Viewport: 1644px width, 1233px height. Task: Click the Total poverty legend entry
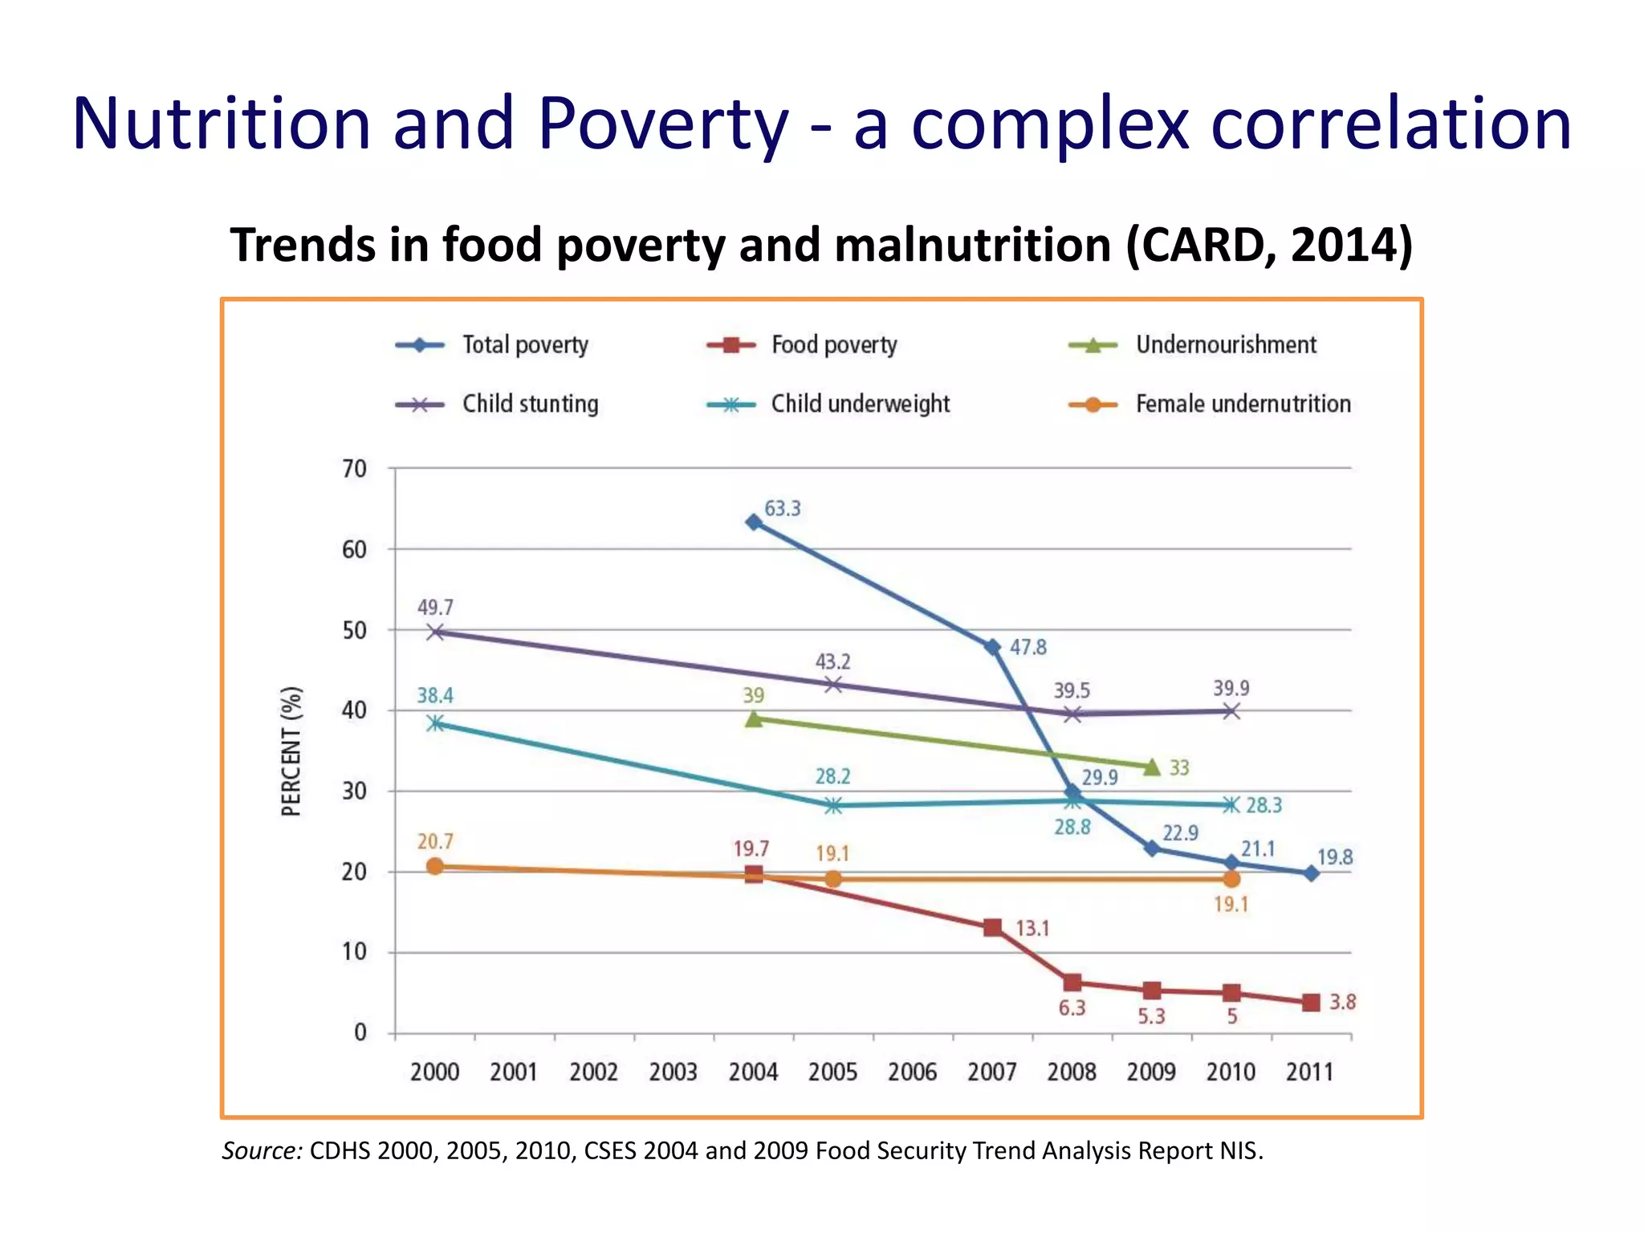click(491, 345)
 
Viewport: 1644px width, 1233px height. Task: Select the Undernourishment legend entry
click(1193, 345)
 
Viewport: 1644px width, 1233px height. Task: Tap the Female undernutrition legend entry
click(1210, 404)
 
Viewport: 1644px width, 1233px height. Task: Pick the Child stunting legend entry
click(497, 404)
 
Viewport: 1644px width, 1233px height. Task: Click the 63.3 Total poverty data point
click(754, 523)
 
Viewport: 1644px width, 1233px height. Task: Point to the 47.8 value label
click(1027, 647)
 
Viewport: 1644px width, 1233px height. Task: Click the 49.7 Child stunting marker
click(435, 632)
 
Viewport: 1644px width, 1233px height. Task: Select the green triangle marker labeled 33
click(1152, 767)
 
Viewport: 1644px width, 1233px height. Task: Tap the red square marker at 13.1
click(992, 928)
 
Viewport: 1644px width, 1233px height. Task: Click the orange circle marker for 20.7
click(435, 866)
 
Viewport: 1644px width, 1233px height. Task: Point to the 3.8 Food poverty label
click(1342, 1002)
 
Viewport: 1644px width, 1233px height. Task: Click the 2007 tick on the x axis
click(992, 1072)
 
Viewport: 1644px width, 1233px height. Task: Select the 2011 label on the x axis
click(1310, 1072)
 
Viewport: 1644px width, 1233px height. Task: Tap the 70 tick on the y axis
click(355, 469)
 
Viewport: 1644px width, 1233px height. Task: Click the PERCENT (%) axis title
click(291, 751)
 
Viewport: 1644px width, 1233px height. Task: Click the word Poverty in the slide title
click(663, 124)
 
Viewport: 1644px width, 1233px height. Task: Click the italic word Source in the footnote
click(262, 1151)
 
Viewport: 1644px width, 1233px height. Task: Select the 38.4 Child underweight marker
click(435, 723)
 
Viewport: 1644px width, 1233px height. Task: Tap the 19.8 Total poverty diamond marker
click(1311, 873)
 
